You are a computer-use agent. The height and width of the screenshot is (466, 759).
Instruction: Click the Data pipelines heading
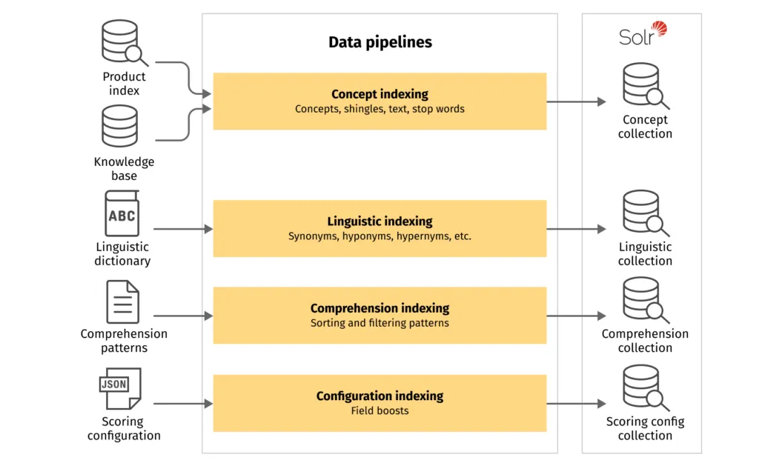[379, 42]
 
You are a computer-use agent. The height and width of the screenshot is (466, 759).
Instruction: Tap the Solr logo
[643, 34]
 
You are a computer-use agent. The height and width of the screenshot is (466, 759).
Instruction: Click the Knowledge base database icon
[120, 127]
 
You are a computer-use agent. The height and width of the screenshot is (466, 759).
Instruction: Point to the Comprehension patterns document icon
[122, 302]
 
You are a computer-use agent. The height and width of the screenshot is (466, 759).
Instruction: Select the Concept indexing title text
[379, 94]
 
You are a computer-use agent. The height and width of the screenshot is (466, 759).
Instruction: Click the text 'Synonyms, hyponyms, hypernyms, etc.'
[379, 236]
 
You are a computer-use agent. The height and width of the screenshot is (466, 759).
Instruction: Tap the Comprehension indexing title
[379, 308]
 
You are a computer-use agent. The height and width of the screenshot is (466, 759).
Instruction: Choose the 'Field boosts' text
[379, 410]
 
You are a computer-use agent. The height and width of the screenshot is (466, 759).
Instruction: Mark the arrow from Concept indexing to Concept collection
[576, 101]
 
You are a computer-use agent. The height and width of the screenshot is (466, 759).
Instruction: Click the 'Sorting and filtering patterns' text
[379, 323]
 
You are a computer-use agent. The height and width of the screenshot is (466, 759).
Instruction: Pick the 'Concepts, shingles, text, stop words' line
[379, 109]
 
